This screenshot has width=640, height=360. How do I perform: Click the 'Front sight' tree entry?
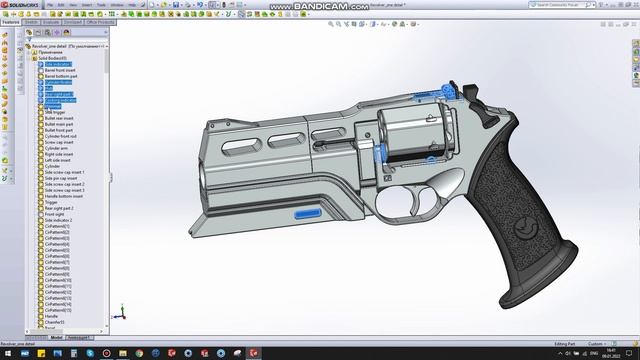point(55,214)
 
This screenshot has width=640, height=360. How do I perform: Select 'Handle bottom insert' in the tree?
point(64,196)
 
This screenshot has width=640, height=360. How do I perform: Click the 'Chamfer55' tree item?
point(54,322)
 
